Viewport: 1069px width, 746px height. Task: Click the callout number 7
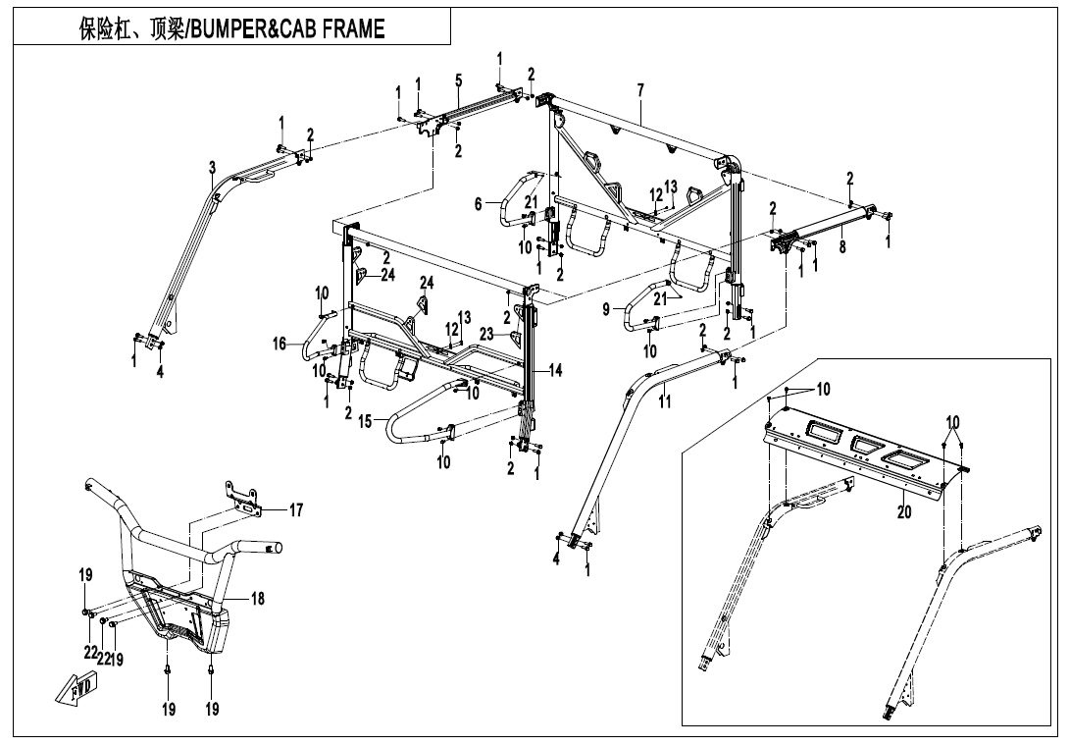pyautogui.click(x=639, y=91)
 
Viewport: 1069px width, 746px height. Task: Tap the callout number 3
pyautogui.click(x=212, y=169)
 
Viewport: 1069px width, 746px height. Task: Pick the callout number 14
pyautogui.click(x=555, y=371)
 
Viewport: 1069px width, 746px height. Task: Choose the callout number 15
pyautogui.click(x=365, y=421)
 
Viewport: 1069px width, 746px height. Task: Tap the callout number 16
pyautogui.click(x=280, y=344)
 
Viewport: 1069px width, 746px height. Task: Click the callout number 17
pyautogui.click(x=296, y=509)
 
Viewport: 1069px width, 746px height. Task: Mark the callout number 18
pyautogui.click(x=256, y=598)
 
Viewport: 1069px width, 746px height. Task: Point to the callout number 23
pyautogui.click(x=486, y=334)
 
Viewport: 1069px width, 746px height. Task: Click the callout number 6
pyautogui.click(x=479, y=204)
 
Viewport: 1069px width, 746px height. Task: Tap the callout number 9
pyautogui.click(x=606, y=310)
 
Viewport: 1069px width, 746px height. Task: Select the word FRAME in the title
pyautogui.click(x=348, y=29)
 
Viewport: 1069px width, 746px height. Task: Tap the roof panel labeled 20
pyautogui.click(x=853, y=447)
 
